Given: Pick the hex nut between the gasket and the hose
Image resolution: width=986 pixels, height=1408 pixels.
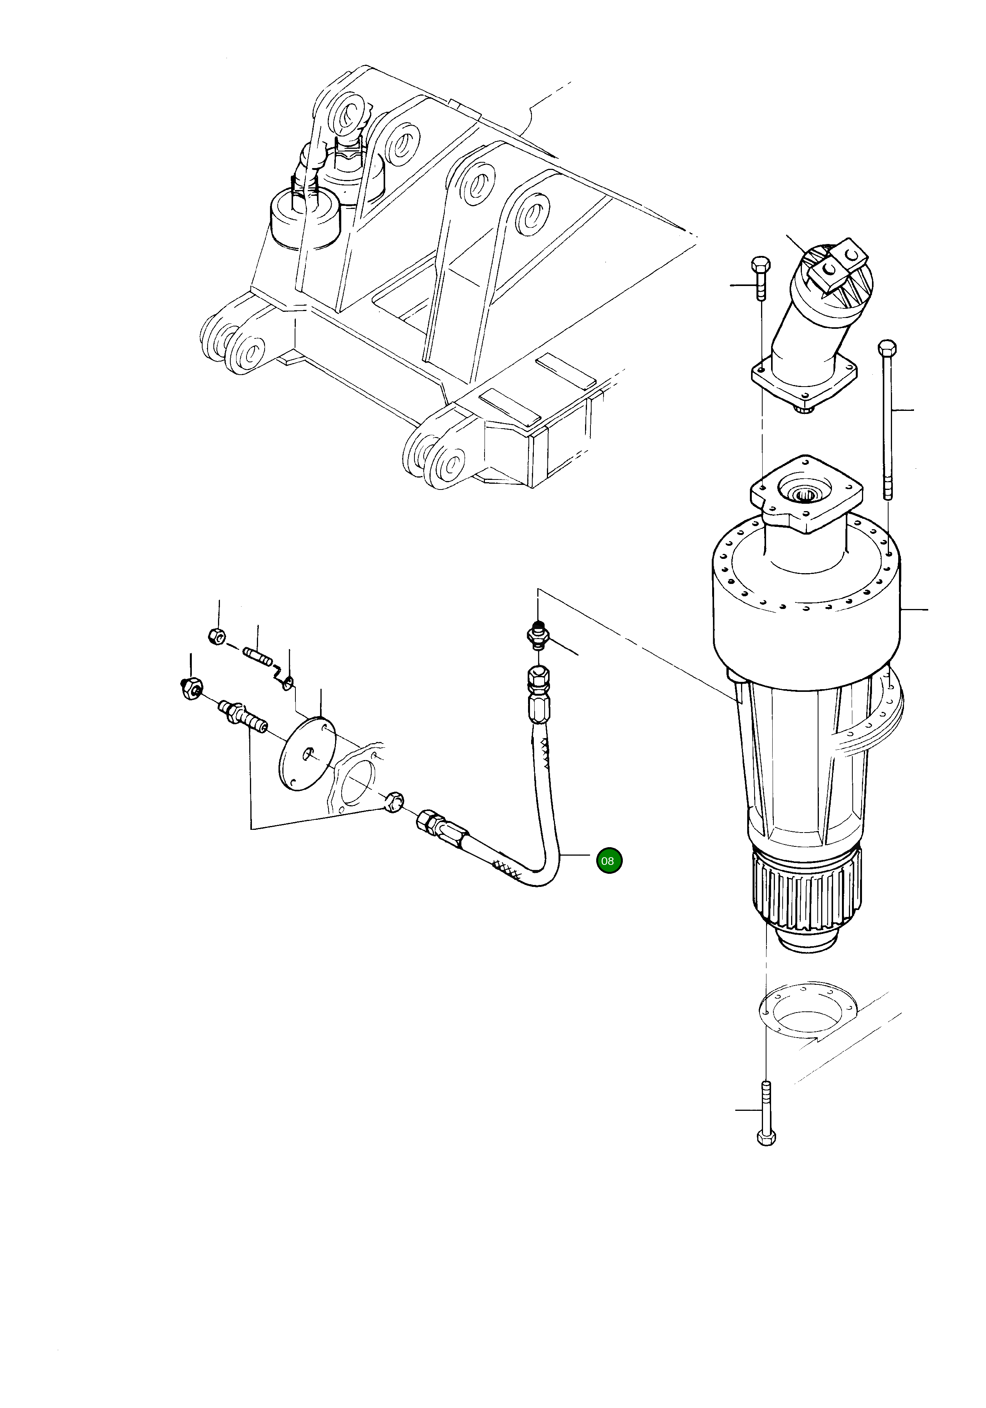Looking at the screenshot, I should (x=392, y=801).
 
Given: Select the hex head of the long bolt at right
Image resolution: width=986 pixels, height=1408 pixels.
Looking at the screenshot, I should (x=887, y=349).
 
